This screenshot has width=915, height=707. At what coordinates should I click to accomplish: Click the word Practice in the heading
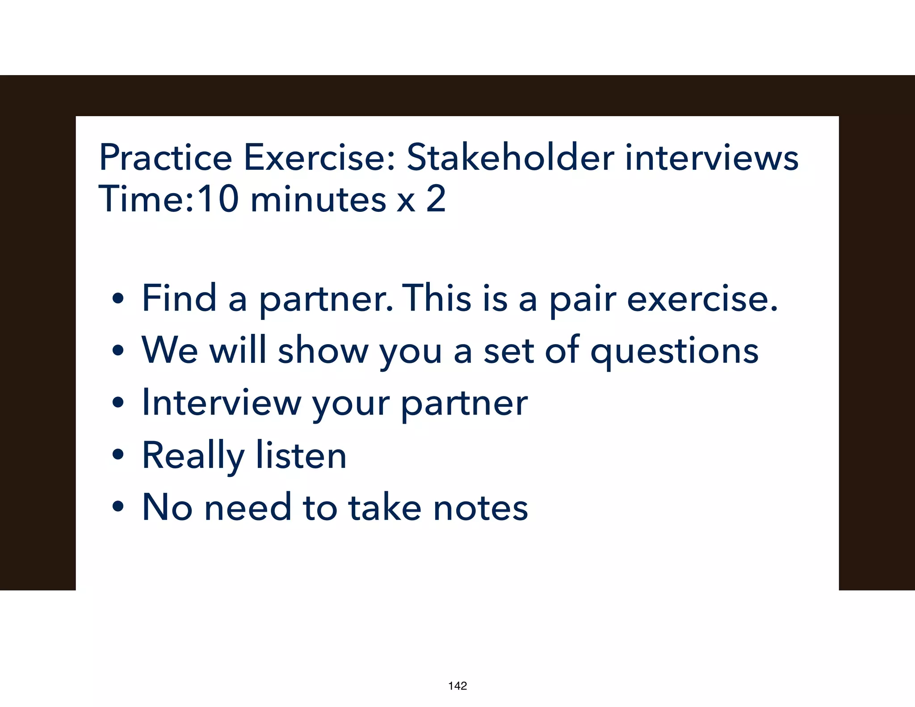pyautogui.click(x=165, y=157)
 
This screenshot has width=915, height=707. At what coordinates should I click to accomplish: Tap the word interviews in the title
pyautogui.click(x=711, y=157)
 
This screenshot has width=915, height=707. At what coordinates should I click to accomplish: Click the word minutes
pyautogui.click(x=318, y=199)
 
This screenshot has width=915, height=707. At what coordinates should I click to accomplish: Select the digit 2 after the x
pyautogui.click(x=436, y=199)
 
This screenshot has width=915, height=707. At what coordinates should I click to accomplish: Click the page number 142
pyautogui.click(x=457, y=686)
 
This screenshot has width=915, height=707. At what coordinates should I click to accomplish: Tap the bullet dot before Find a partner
pyautogui.click(x=118, y=299)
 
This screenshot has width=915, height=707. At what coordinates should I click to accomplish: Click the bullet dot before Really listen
pyautogui.click(x=118, y=455)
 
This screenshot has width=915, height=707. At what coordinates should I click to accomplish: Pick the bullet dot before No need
pyautogui.click(x=118, y=507)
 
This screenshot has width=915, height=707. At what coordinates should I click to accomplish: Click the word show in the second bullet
pyautogui.click(x=323, y=350)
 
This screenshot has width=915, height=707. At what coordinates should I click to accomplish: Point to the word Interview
pyautogui.click(x=221, y=402)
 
